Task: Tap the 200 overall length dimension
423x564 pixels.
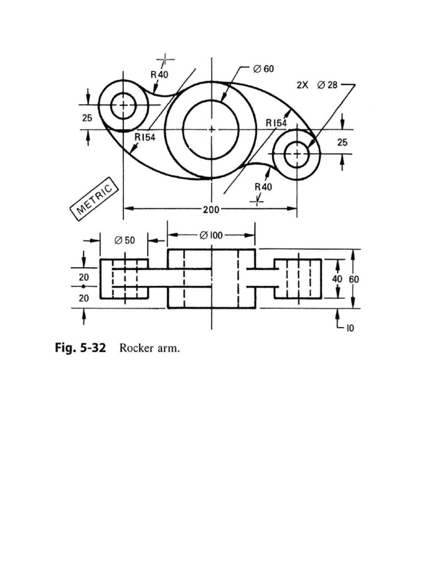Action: [210, 209]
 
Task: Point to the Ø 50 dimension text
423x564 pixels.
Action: [124, 240]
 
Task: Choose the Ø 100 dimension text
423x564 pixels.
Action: [211, 235]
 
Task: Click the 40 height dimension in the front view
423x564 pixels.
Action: [337, 279]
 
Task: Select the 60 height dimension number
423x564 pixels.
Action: [353, 279]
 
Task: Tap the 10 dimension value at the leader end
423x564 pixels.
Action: [350, 328]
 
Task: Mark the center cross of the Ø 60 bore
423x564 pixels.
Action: [211, 129]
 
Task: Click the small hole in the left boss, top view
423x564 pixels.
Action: [123, 105]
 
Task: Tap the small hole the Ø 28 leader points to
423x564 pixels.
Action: [297, 154]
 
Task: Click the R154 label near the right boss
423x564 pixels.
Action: [276, 123]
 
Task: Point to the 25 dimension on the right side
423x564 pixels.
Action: [343, 142]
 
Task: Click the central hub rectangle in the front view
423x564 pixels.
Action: [211, 279]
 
